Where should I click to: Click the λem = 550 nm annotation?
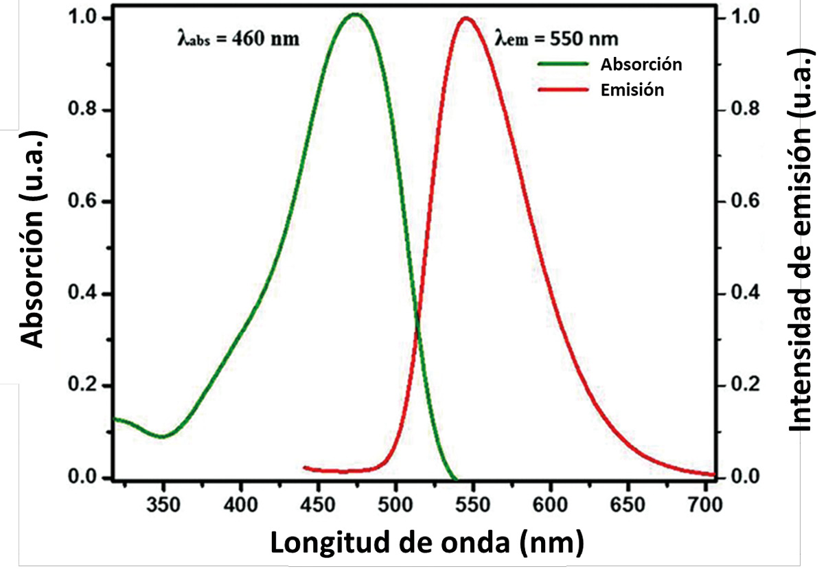pos(557,38)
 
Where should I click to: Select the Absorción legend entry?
pos(641,65)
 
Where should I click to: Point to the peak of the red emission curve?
pos(466,18)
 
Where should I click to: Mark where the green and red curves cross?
pos(416,332)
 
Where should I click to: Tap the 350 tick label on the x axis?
pos(163,505)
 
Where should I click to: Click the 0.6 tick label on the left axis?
pos(85,202)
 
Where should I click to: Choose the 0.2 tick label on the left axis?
pos(85,386)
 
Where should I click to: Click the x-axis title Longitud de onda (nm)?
pos(426,542)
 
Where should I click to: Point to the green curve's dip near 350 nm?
pos(163,436)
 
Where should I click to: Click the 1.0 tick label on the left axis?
pos(85,18)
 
